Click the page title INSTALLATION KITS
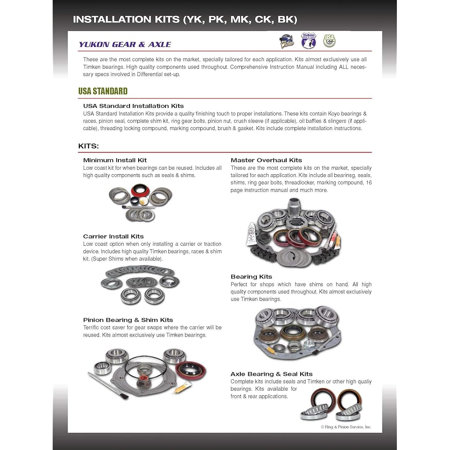[x=185, y=19]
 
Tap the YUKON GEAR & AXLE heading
[x=125, y=44]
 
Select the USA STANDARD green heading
[x=103, y=91]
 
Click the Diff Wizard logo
[x=288, y=42]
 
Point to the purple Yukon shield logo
[x=308, y=40]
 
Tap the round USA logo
[x=329, y=41]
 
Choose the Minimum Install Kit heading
[x=115, y=160]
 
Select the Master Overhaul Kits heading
[x=266, y=160]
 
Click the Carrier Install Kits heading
[x=113, y=236]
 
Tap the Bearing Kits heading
[x=251, y=277]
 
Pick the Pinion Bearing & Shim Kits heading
[x=128, y=320]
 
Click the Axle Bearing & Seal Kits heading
[x=271, y=374]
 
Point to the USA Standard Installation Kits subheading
[x=133, y=106]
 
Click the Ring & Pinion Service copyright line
[x=346, y=427]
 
